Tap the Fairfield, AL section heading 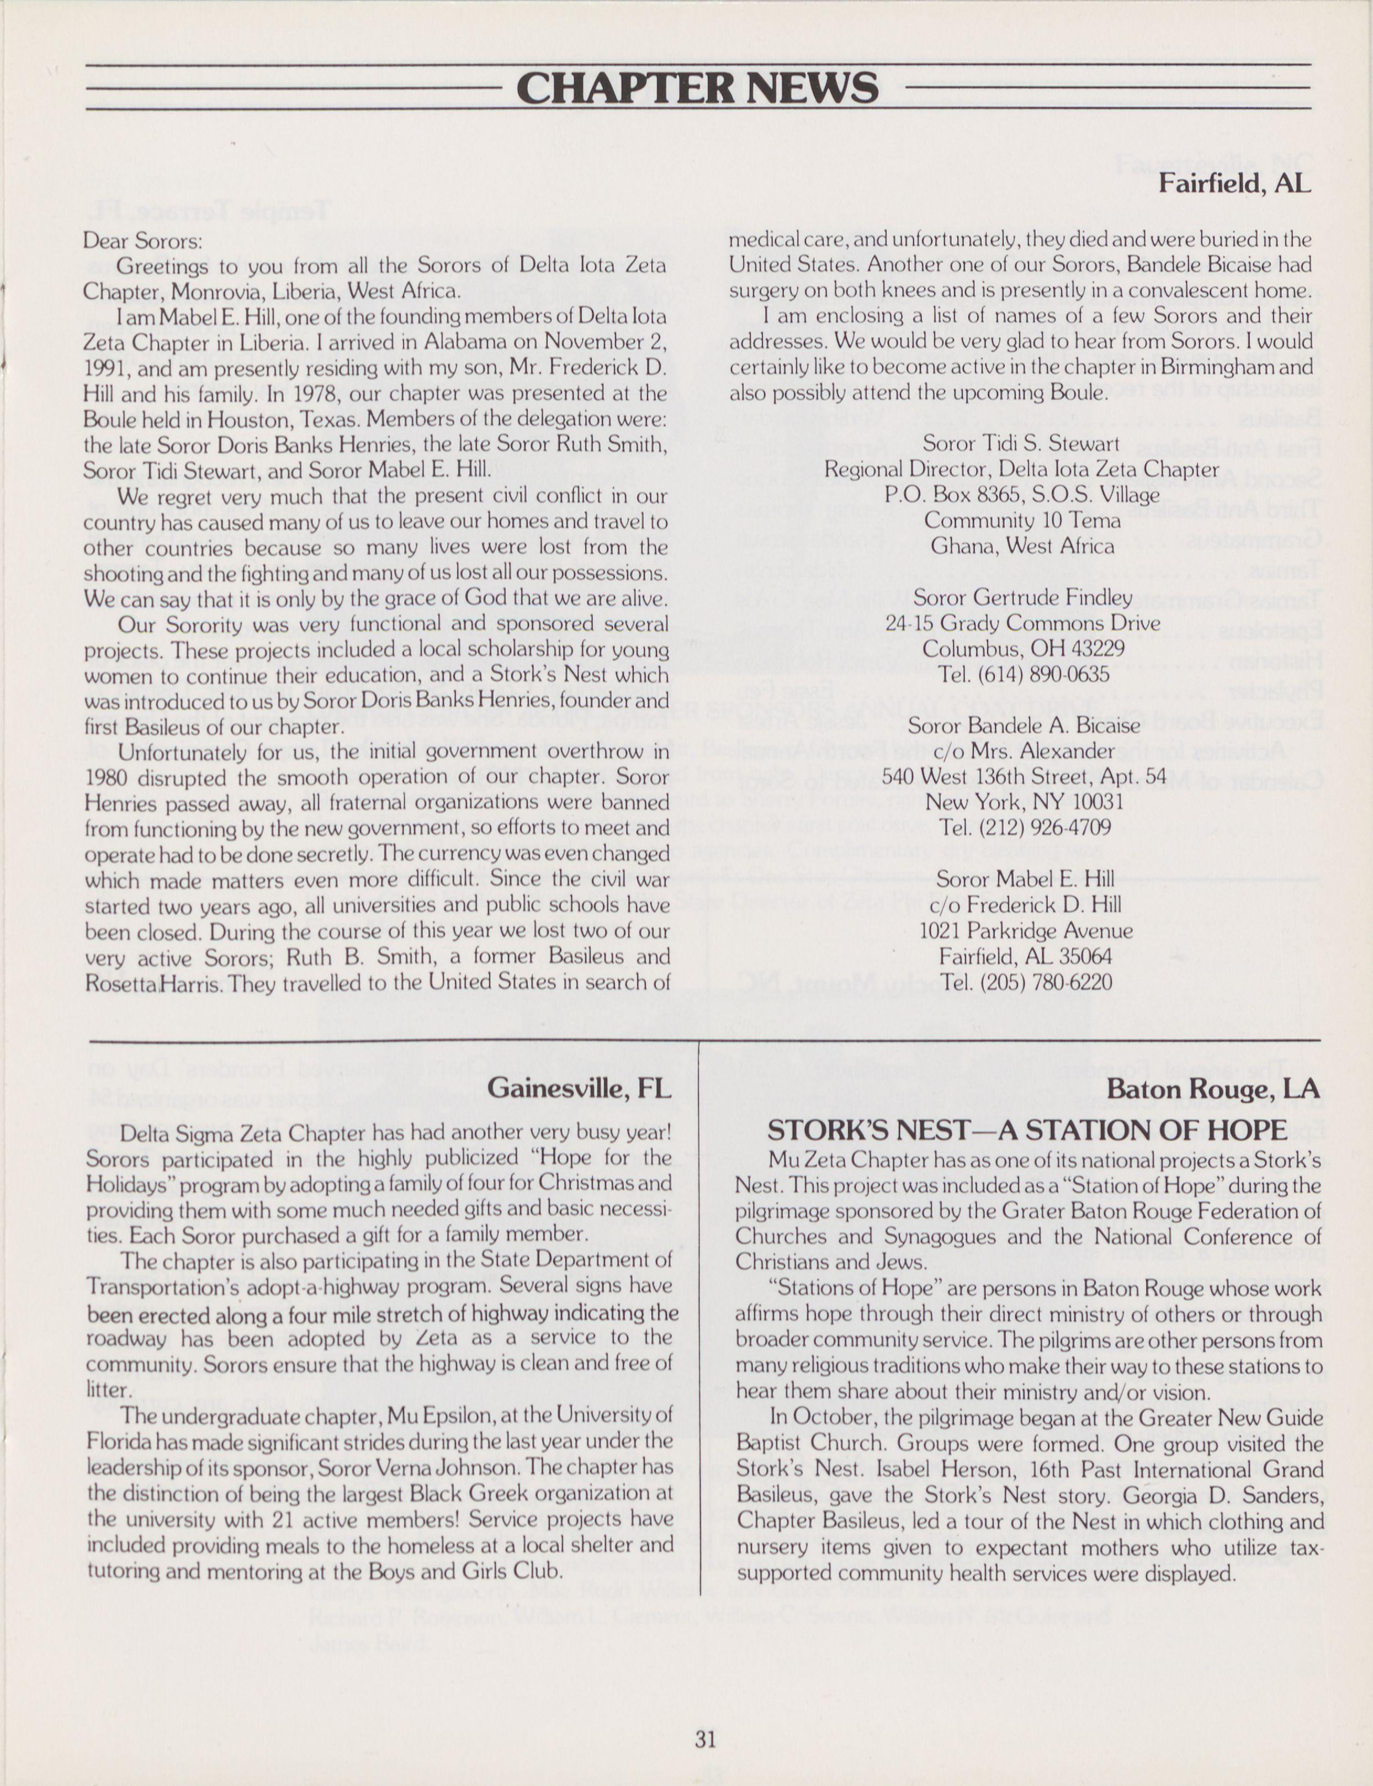[1235, 183]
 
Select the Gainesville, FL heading [580, 1088]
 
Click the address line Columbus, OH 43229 [1023, 648]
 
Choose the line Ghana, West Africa [1022, 546]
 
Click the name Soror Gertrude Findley [1022, 597]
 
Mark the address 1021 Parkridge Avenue [1026, 930]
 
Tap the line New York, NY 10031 [1024, 801]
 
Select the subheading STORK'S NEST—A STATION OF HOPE [1027, 1129]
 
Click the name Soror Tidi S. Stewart [1021, 444]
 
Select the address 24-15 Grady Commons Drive [1023, 623]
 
